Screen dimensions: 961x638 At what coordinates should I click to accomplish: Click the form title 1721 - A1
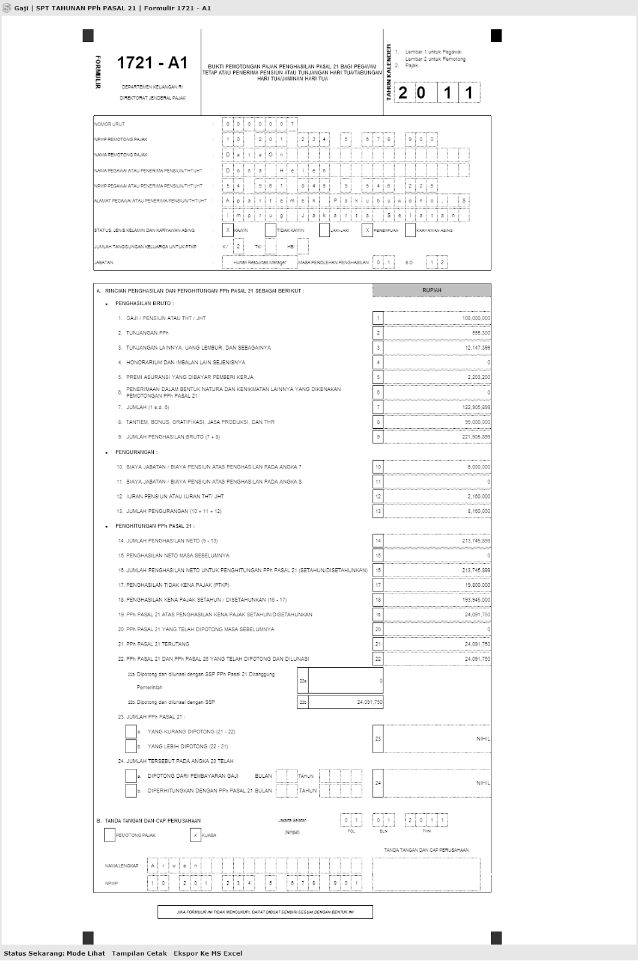pos(152,63)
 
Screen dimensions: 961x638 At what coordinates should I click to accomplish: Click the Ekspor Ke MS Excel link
pos(208,953)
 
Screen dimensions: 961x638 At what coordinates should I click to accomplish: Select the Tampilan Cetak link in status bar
pos(139,953)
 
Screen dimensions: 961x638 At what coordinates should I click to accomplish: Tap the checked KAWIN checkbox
pos(228,230)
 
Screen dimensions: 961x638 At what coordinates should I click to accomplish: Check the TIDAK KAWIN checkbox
pos(270,230)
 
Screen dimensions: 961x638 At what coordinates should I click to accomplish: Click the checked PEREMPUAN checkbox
pos(367,230)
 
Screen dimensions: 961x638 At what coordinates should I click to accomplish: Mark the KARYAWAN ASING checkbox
pos(410,230)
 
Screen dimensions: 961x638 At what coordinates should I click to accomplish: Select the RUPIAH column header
pos(431,290)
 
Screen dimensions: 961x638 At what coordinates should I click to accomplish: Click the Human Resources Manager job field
pos(260,262)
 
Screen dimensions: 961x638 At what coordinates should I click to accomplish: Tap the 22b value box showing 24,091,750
pos(345,702)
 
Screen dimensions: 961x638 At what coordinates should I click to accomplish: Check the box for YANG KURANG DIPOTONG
pos(131,732)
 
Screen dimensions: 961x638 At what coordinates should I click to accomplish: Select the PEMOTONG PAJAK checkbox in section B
pos(109,835)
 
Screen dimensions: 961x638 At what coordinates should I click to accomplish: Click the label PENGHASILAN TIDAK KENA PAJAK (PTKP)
pos(177,585)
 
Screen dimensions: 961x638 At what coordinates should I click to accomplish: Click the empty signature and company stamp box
pos(426,873)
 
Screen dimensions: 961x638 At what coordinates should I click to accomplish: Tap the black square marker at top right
pos(496,36)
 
